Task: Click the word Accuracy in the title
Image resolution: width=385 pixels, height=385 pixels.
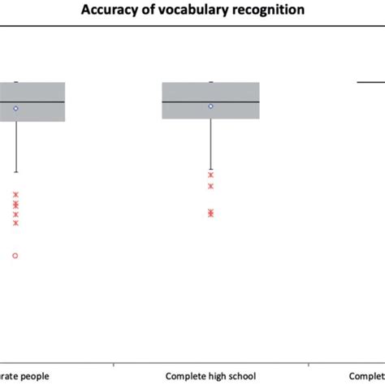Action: (x=130, y=11)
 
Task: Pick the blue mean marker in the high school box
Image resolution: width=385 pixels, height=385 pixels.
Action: (x=210, y=106)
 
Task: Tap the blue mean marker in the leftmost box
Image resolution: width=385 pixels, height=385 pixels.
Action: (x=15, y=108)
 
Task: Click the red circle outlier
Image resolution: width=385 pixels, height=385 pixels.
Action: (x=15, y=256)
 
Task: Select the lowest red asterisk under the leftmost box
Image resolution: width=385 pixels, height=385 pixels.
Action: (x=15, y=223)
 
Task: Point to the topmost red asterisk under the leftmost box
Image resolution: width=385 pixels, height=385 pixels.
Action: (x=15, y=194)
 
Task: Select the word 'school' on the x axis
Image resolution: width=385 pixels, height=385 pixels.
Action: (x=243, y=376)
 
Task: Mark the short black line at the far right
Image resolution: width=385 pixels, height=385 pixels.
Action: (x=371, y=82)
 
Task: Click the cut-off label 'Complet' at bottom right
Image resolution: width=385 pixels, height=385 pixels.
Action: (x=367, y=376)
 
